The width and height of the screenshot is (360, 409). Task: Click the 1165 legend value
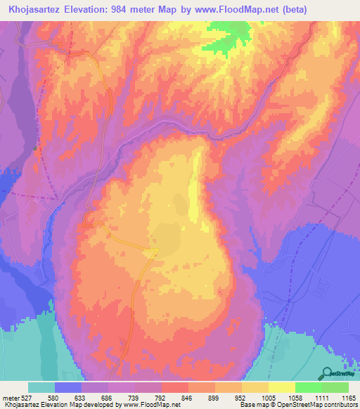point(346,397)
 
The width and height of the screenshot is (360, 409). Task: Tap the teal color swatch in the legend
point(41,387)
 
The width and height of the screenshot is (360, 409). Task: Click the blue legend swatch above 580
point(68,387)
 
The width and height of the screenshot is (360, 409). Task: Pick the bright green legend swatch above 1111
point(308,387)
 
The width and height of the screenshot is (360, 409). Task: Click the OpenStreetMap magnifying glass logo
point(327,375)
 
